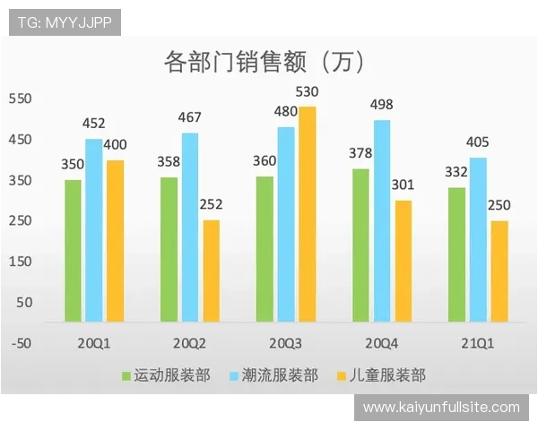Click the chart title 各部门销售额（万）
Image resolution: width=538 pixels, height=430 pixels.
264,62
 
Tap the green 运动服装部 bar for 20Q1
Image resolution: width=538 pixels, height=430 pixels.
73,250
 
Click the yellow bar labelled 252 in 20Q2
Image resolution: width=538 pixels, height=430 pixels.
211,271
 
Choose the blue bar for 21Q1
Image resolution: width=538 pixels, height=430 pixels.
478,239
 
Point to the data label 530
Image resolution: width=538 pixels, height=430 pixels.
308,91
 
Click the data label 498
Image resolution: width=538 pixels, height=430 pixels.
382,105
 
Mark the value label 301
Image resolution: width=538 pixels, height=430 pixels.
403,185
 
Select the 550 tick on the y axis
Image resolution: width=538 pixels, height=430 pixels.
20,99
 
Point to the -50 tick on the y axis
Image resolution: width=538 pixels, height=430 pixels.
20,342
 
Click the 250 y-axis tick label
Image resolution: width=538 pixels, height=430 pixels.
20,220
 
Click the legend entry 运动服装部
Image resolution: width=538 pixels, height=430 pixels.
171,375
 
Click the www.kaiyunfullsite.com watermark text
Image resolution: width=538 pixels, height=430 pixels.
441,408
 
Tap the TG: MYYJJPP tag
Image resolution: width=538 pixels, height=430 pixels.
65,22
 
